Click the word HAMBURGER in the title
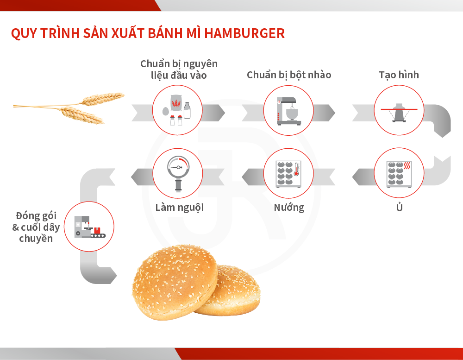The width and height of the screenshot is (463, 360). coord(244,33)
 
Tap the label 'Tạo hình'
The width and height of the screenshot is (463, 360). coord(399,75)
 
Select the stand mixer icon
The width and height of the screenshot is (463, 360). coord(288,111)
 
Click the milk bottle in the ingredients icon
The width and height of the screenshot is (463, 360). coord(187,111)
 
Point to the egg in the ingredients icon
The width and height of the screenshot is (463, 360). coord(166,111)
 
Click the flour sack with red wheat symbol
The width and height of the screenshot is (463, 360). coord(176,103)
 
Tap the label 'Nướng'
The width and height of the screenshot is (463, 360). coord(289,208)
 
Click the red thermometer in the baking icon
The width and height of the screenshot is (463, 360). coord(296,170)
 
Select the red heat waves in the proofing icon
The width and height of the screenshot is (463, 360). coord(407,165)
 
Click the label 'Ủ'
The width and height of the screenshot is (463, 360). coord(399,207)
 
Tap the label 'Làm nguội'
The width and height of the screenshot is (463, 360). coord(180,208)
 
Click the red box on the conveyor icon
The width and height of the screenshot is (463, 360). coord(97,230)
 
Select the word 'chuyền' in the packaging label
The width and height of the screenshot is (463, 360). coord(36,238)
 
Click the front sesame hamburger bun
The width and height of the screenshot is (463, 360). coord(175,282)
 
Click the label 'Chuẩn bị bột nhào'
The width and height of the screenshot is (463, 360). coord(289,75)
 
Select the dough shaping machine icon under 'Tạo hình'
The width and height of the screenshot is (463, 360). coord(399,112)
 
